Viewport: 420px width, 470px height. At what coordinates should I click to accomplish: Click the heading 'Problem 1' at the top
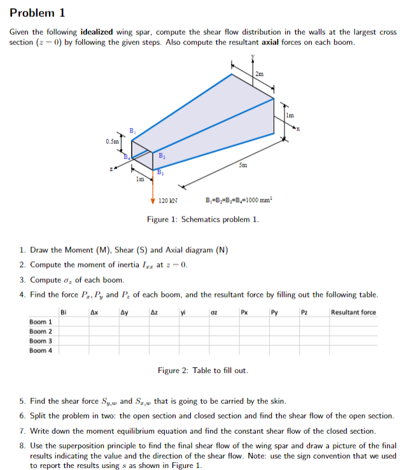click(38, 13)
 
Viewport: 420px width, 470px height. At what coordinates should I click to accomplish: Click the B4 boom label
click(127, 158)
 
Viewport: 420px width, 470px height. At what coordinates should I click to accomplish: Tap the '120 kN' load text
click(168, 201)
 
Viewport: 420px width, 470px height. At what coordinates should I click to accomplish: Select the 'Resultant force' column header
click(353, 312)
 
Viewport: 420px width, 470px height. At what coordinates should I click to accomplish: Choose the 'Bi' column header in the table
click(64, 312)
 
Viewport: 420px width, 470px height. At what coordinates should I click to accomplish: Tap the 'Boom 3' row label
click(41, 341)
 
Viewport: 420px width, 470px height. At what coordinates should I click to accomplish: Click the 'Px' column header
click(244, 312)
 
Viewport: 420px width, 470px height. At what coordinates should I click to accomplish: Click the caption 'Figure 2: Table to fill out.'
click(203, 370)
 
